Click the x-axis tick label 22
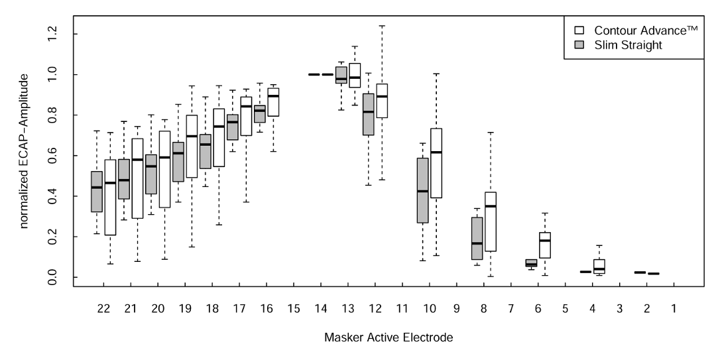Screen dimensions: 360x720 coord(103,309)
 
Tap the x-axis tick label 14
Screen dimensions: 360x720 coord(320,309)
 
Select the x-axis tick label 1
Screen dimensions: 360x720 coord(674,309)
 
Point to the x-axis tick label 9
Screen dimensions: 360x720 coord(456,309)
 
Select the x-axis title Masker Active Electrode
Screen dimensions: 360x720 coord(389,338)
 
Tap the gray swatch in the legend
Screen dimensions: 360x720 coord(579,44)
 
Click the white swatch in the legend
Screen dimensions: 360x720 coord(579,30)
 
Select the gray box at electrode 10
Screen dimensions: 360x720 coord(422,190)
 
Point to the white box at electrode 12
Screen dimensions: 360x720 coord(382,101)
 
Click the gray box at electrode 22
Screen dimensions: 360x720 coord(97,192)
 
